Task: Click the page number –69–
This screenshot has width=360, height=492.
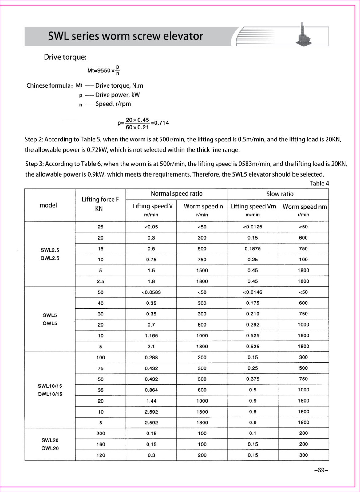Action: pos(321,470)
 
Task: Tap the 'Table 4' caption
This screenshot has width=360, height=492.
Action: pos(319,184)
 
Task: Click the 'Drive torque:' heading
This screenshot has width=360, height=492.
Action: pos(65,57)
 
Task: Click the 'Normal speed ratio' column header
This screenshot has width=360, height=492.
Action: pos(176,194)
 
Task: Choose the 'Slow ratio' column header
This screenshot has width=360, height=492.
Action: pos(280,194)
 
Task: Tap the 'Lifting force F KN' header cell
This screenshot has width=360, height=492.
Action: pos(100,204)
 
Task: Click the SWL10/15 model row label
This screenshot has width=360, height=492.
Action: pos(50,386)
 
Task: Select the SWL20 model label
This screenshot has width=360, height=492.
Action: pos(50,440)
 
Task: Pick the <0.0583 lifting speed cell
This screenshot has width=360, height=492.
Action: pos(151,292)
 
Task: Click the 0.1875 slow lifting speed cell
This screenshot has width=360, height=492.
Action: pos(252,249)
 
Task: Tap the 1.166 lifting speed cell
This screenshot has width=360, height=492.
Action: pos(151,336)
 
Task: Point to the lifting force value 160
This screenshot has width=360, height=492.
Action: pos(101,444)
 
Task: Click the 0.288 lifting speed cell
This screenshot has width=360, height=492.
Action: pos(151,358)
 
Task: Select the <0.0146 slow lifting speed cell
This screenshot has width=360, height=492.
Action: pos(252,292)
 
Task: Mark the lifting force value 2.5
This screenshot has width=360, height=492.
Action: pos(101,281)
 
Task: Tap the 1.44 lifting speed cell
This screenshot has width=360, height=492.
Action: pos(151,401)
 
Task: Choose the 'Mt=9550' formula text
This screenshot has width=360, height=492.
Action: pos(99,71)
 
